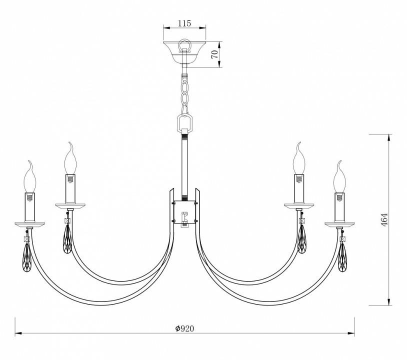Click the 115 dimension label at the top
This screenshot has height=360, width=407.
click(185, 23)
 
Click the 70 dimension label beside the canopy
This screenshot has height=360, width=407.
click(215, 54)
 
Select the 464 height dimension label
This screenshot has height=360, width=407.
click(384, 220)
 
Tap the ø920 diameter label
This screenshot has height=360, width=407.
click(184, 328)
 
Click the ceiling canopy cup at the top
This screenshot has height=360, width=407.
click(184, 52)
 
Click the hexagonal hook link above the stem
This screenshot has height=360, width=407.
click(185, 122)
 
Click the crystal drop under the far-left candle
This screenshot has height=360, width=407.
click(27, 258)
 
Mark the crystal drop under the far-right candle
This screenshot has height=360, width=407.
click(343, 258)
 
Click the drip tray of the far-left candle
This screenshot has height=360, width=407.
click(29, 223)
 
